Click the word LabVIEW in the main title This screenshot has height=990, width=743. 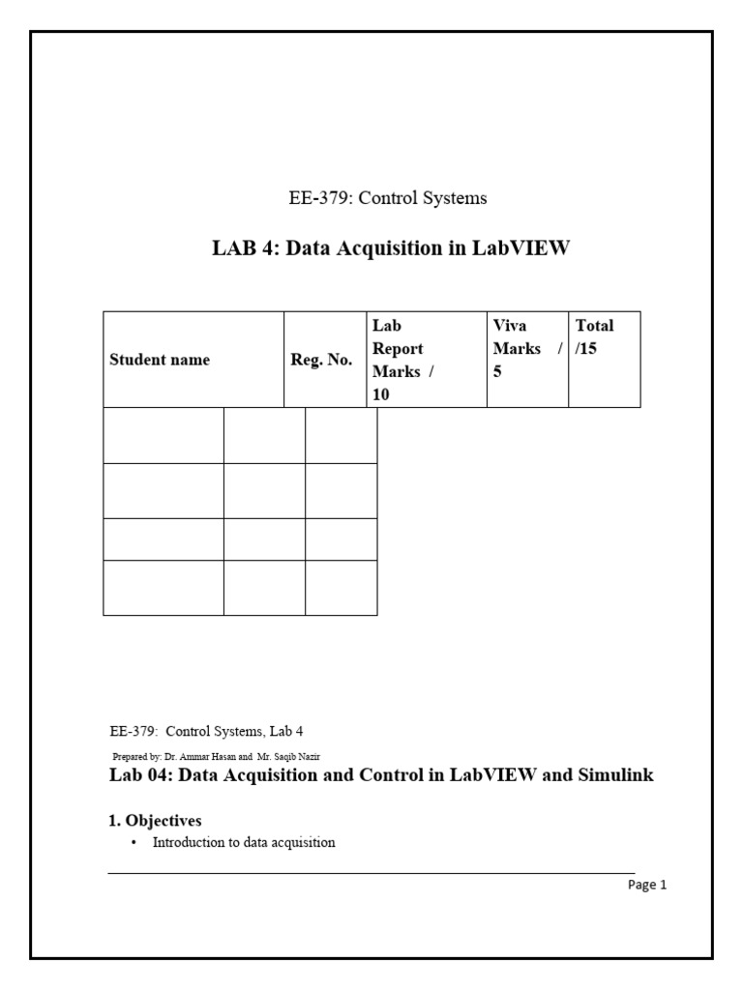(521, 248)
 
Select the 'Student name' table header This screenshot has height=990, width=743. (160, 360)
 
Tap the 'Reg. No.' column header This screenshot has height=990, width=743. (322, 360)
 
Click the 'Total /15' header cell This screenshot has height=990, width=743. (594, 336)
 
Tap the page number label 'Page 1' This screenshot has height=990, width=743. (647, 884)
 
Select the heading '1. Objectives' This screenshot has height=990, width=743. (155, 821)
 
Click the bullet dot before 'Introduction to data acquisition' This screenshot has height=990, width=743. (134, 843)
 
